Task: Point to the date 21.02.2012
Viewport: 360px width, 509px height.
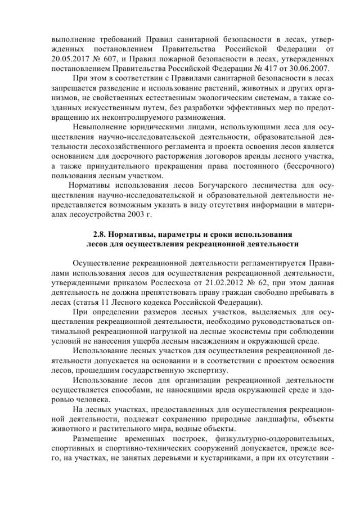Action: click(x=209, y=282)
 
